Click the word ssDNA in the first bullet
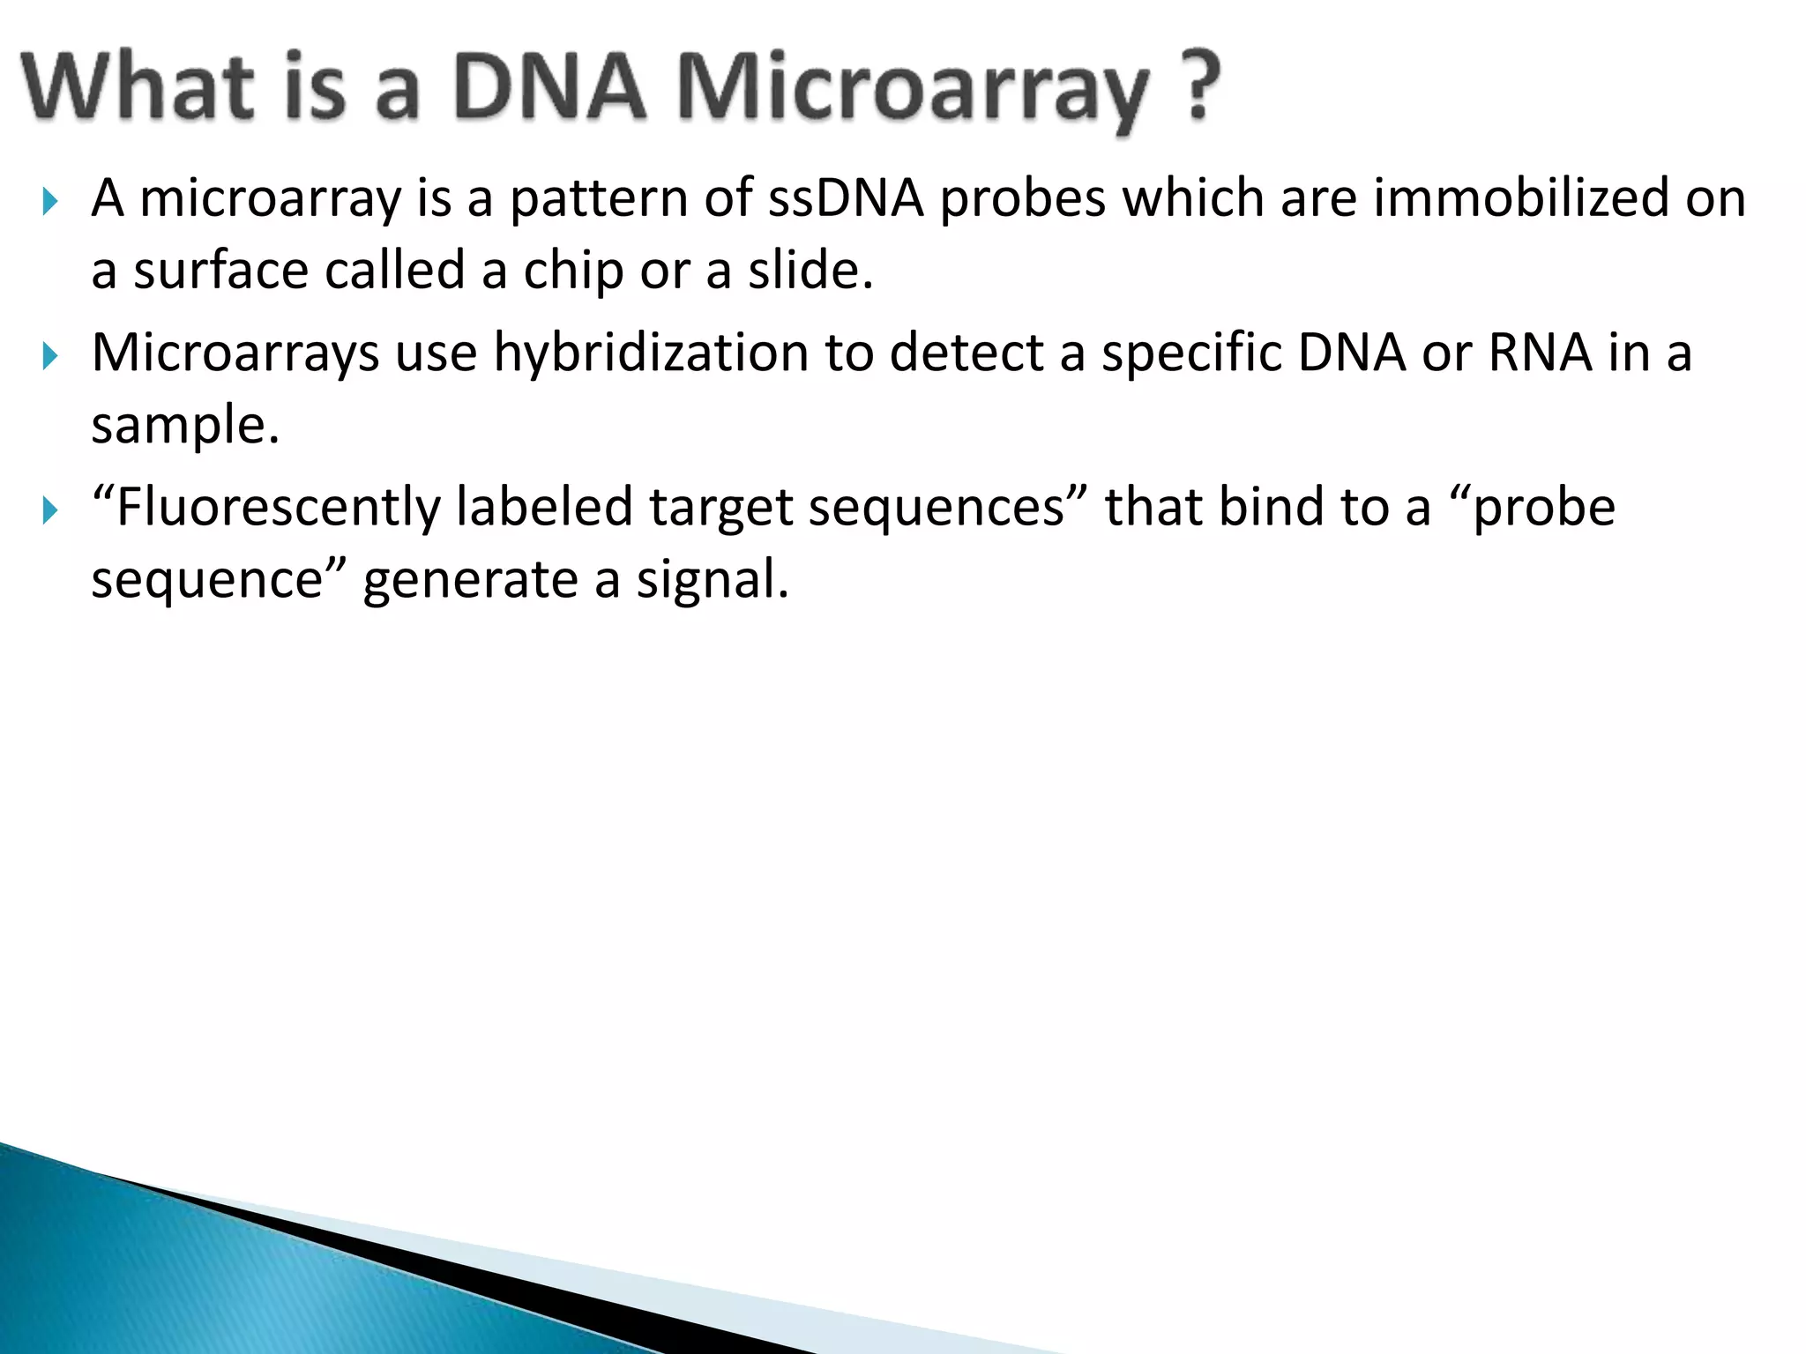pyautogui.click(x=845, y=197)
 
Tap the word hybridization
pyautogui.click(x=650, y=353)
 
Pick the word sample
pyautogui.click(x=183, y=425)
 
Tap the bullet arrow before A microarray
pyautogui.click(x=49, y=204)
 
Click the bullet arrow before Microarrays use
pyautogui.click(x=49, y=358)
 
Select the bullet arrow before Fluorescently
pyautogui.click(x=49, y=511)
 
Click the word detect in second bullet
pyautogui.click(x=966, y=353)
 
